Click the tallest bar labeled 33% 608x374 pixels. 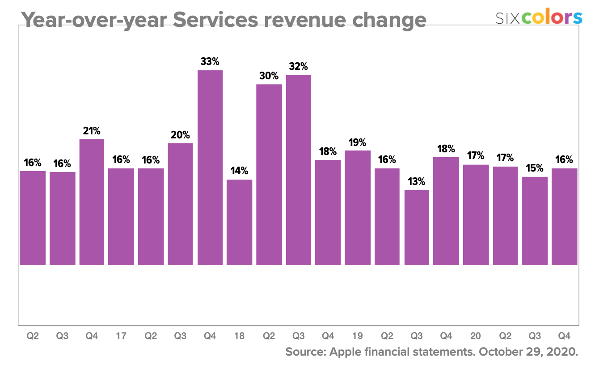210,168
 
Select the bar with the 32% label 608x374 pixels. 299,170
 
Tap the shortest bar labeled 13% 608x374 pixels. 417,228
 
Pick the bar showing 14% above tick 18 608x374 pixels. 240,222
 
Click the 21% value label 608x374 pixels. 92,131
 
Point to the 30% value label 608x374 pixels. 269,76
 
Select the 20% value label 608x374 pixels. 180,135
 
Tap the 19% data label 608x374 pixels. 358,142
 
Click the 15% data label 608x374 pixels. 535,168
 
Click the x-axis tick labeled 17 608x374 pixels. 121,336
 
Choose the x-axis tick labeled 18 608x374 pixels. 240,336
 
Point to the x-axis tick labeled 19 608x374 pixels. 358,336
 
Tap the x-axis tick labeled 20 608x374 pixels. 476,336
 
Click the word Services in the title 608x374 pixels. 215,20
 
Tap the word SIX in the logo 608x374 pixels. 507,18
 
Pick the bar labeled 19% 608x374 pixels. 358,208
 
